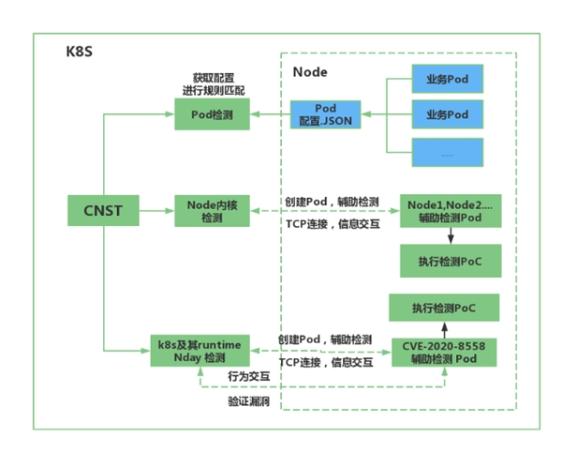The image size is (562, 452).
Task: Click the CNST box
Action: pyautogui.click(x=100, y=211)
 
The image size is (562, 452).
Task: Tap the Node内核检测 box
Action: pyautogui.click(x=211, y=211)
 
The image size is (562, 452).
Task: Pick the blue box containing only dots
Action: pyautogui.click(x=447, y=152)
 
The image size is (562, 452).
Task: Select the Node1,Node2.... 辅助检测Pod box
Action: pyautogui.click(x=450, y=211)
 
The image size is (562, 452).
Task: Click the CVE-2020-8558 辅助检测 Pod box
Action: pyautogui.click(x=442, y=352)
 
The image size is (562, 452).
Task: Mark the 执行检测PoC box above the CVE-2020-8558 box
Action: pyautogui.click(x=442, y=308)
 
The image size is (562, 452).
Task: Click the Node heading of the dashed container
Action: pyautogui.click(x=310, y=71)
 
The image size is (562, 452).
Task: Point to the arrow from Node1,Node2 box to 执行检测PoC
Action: pyautogui.click(x=450, y=235)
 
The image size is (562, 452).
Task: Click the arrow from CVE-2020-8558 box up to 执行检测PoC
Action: pyautogui.click(x=442, y=329)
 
